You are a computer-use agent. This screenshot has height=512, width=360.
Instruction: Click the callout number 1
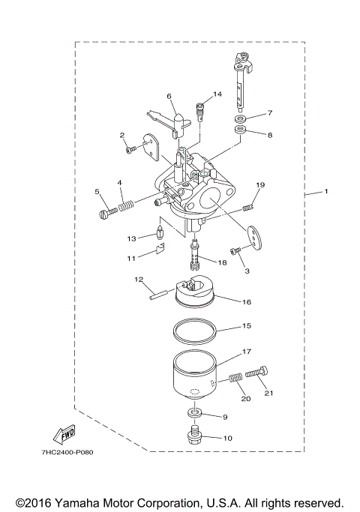pyautogui.click(x=326, y=193)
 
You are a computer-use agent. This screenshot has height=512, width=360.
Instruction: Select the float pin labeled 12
pyautogui.click(x=162, y=292)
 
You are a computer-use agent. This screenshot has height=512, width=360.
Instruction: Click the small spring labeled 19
pyautogui.click(x=252, y=199)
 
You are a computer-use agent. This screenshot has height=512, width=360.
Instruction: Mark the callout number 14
pyautogui.click(x=217, y=94)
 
